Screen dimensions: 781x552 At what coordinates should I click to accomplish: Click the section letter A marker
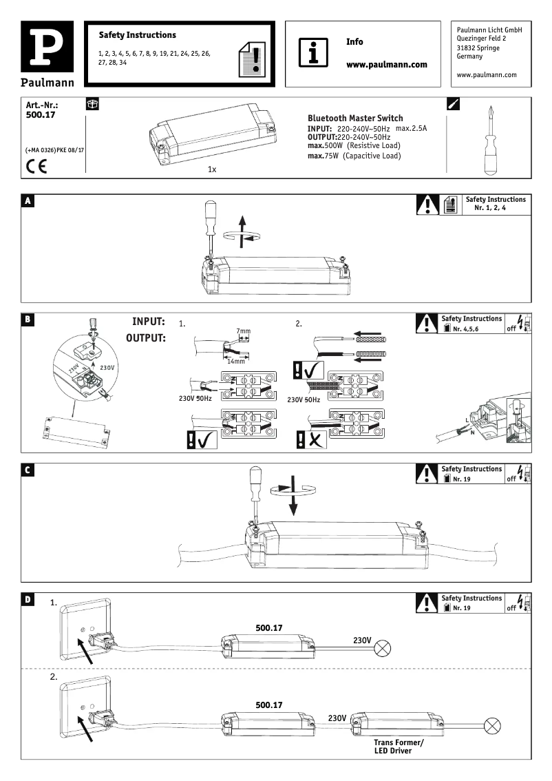pyautogui.click(x=28, y=201)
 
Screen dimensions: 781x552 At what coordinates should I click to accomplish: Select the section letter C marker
pyautogui.click(x=28, y=470)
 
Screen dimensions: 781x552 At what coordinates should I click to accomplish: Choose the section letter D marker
pyautogui.click(x=28, y=600)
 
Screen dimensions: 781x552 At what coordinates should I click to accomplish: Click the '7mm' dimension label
pyautogui.click(x=243, y=332)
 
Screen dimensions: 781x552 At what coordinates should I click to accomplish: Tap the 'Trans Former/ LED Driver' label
pyautogui.click(x=399, y=747)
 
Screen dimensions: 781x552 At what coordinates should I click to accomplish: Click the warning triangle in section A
pyautogui.click(x=428, y=205)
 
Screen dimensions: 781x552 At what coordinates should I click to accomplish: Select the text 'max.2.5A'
pyautogui.click(x=412, y=129)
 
